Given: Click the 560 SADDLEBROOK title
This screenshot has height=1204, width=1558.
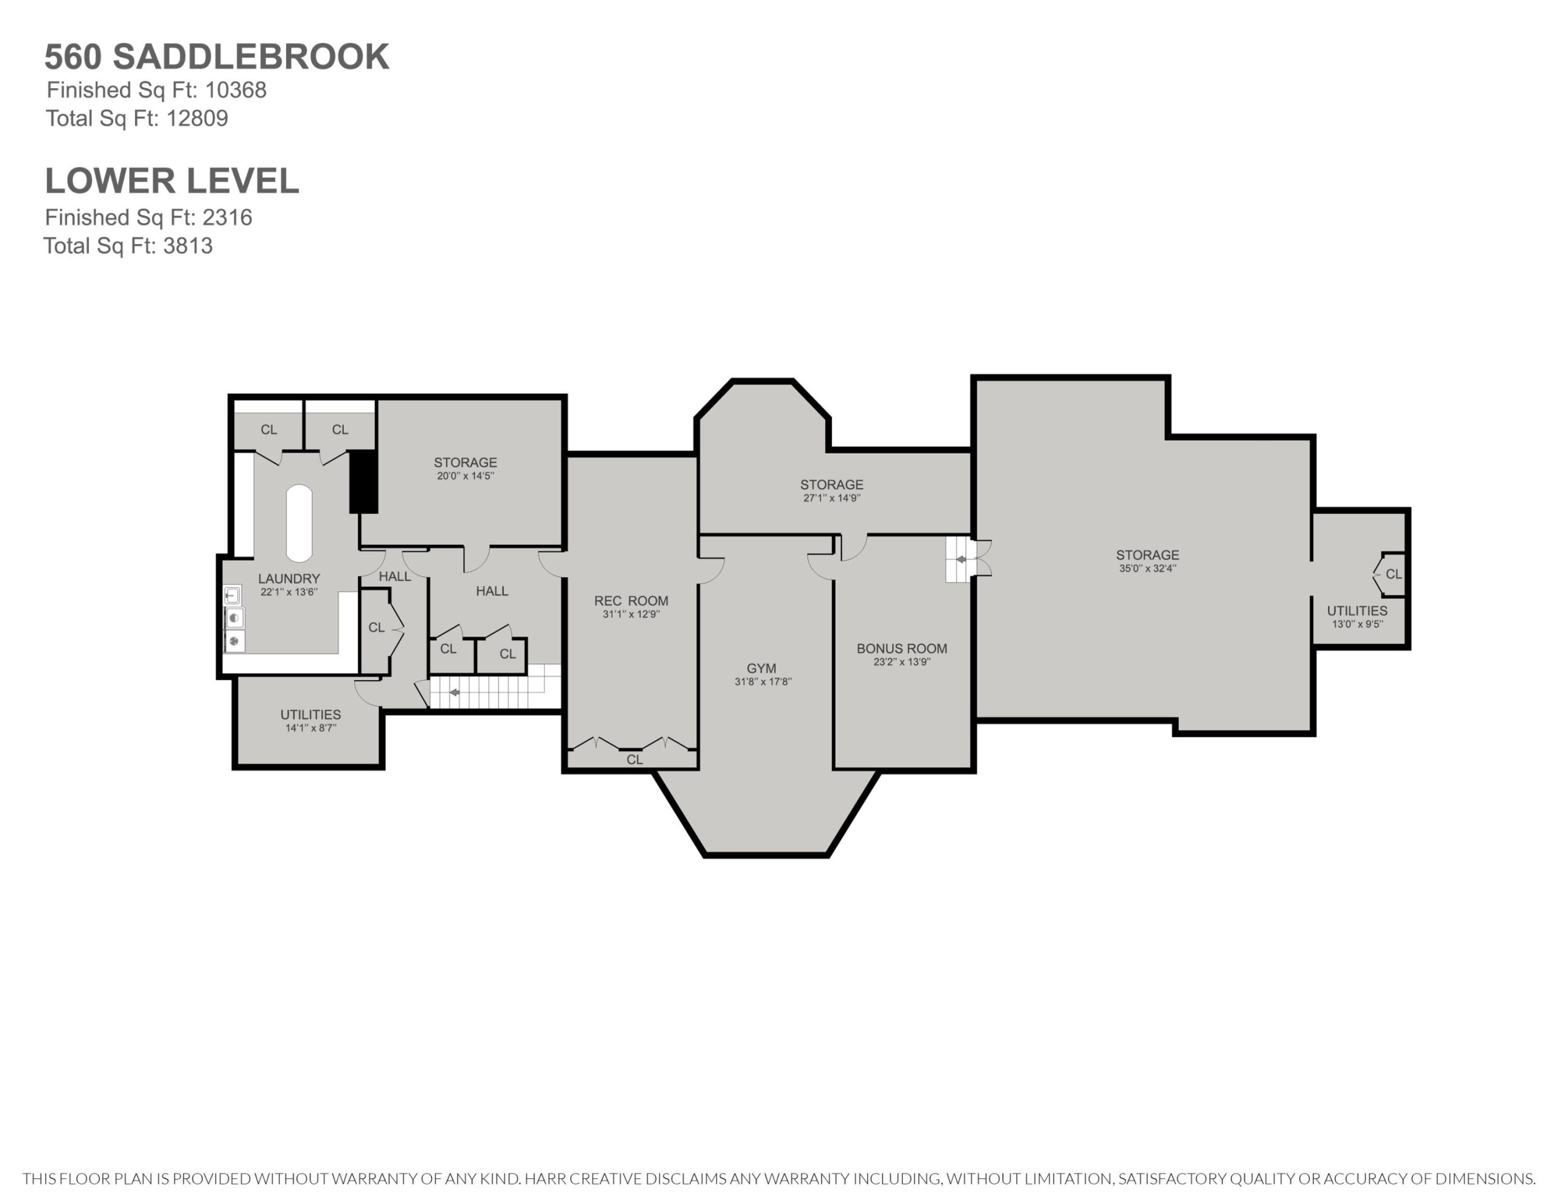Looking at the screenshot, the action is (217, 57).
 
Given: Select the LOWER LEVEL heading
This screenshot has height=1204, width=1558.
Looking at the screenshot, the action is (172, 181).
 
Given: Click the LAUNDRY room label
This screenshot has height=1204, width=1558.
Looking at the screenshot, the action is (289, 579).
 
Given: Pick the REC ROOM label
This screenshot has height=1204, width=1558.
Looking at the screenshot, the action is (631, 601).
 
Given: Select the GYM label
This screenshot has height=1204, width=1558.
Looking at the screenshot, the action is (762, 668).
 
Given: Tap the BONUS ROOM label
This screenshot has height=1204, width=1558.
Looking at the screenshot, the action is (902, 648).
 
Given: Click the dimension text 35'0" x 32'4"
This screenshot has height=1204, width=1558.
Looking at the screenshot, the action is (1148, 568).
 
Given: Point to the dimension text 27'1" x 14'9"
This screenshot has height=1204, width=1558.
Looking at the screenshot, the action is (832, 497).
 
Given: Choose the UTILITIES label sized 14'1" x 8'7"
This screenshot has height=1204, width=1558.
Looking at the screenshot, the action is (310, 715).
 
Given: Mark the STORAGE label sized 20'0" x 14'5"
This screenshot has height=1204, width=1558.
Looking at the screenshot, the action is (465, 463).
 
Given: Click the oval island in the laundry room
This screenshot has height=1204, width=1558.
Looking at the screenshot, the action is (299, 523).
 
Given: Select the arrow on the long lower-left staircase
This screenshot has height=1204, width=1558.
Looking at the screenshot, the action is (453, 692).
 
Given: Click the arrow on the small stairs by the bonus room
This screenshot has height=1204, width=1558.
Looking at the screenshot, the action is (961, 559).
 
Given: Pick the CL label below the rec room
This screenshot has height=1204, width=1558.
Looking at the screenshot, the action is (634, 760).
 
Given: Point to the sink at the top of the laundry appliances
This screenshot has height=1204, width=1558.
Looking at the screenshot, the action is (232, 595).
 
